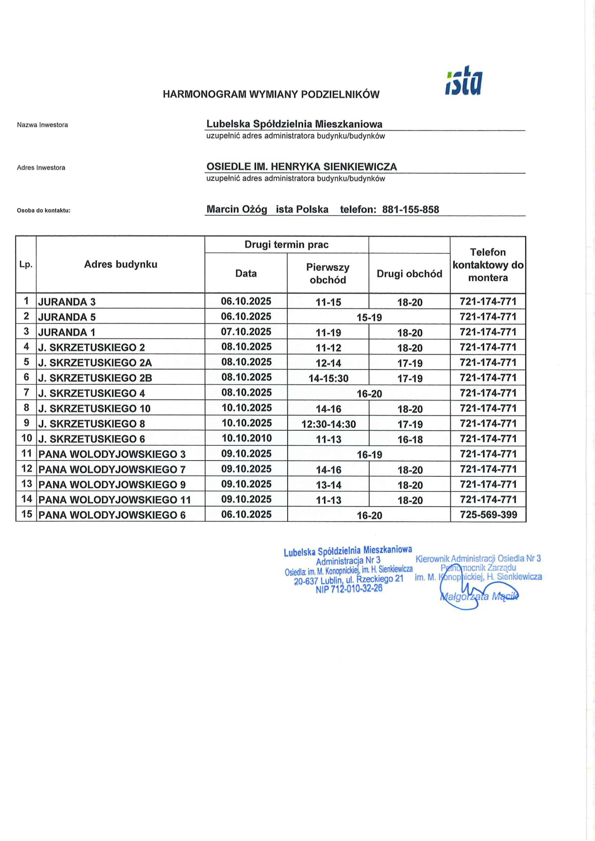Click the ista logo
[464, 82]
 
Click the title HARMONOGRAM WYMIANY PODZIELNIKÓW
[271, 95]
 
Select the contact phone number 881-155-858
[410, 210]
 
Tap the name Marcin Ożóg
[236, 209]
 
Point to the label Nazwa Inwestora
[42, 125]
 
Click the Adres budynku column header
[121, 264]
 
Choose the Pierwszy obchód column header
[328, 273]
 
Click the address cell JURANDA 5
[67, 317]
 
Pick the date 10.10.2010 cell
[246, 438]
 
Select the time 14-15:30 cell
[328, 378]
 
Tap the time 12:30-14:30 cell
[328, 424]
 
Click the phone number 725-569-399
[488, 514]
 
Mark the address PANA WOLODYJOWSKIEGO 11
[115, 500]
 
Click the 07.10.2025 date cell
[246, 332]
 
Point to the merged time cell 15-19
[369, 317]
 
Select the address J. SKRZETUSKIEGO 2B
[95, 378]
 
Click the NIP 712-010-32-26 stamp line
[349, 589]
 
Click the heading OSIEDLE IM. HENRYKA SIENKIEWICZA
[301, 167]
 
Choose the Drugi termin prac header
[286, 245]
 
